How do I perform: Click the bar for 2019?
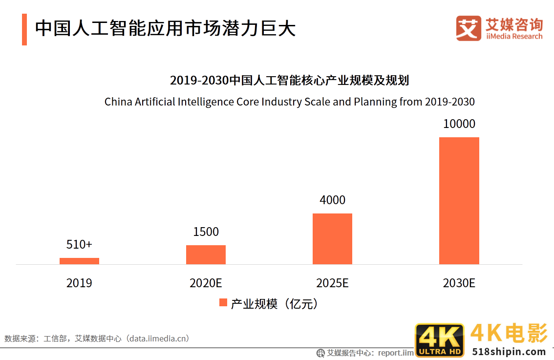[79, 261]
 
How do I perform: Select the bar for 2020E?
[206, 254]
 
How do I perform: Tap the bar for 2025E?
[332, 239]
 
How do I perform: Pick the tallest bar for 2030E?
[459, 201]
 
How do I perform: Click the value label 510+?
[79, 244]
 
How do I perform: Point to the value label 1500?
[206, 232]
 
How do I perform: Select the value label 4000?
[332, 200]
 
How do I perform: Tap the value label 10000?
[459, 124]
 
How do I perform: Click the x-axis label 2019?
[79, 283]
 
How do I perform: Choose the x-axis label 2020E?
[206, 283]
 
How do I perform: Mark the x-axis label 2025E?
[332, 283]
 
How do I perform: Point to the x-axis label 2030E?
[459, 283]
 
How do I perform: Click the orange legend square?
[223, 303]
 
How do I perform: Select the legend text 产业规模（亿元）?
[275, 304]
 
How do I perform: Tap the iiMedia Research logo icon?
[469, 28]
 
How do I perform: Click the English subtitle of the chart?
[289, 102]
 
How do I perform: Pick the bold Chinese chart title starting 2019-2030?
[289, 80]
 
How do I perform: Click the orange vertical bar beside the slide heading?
[24, 29]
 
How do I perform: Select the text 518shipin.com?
[509, 352]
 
